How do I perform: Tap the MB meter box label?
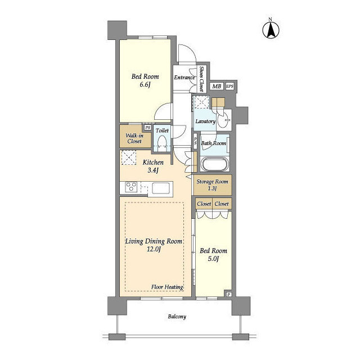coord(217,86)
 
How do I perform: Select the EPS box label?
coord(230,86)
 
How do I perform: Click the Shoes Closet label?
coord(202,79)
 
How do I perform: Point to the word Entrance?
coord(184,78)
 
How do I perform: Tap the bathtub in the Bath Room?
coord(215,164)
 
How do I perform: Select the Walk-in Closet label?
coord(134,138)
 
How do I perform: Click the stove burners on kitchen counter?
coord(131,186)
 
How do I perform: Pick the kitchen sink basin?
coord(161,188)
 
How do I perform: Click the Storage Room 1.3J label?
coord(213,185)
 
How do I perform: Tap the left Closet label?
coord(204,204)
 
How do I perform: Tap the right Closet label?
coord(222,204)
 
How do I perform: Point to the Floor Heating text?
coord(167,287)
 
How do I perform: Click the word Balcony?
coord(177,317)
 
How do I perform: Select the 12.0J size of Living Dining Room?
coord(154,249)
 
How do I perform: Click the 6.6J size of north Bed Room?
coord(145,85)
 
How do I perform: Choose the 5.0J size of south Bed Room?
coord(213,259)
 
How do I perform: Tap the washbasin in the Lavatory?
coord(223,119)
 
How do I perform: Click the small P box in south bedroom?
coord(229,294)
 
